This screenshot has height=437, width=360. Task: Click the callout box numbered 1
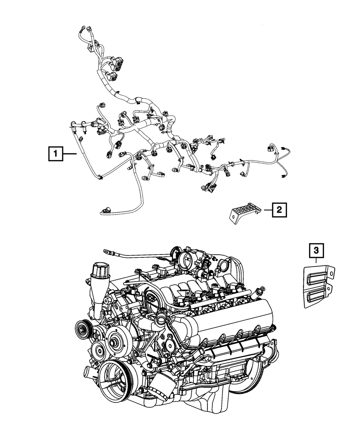click(55, 154)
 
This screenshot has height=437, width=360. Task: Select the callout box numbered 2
click(279, 210)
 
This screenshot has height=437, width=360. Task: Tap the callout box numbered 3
click(316, 250)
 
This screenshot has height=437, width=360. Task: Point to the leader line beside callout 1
click(70, 154)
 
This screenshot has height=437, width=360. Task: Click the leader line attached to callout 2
click(268, 210)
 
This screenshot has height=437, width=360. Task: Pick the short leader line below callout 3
click(316, 260)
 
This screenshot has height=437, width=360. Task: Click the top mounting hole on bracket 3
click(331, 273)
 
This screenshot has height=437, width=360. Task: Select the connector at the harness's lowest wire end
click(105, 209)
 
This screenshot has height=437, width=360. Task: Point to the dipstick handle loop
click(106, 251)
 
